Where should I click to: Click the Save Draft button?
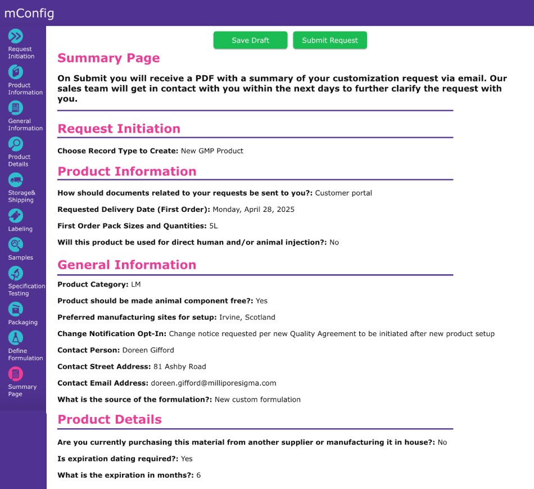(x=250, y=40)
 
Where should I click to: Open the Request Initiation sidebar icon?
(x=16, y=36)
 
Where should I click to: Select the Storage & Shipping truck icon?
(x=16, y=180)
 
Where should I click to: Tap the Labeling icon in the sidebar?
(x=16, y=216)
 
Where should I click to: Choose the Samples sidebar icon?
(x=16, y=244)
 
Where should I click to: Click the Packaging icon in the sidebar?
(x=16, y=309)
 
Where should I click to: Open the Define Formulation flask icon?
(x=16, y=338)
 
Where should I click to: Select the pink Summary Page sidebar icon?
(x=16, y=374)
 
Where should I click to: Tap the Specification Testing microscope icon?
(x=16, y=273)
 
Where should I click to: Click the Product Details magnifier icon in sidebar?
(x=16, y=144)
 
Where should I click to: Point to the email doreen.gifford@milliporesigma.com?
(x=214, y=383)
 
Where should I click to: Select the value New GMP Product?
(x=212, y=151)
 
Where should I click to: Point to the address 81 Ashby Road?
(x=180, y=366)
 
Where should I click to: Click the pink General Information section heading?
(x=127, y=265)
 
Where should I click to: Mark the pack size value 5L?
(x=213, y=226)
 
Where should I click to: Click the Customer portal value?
(x=343, y=193)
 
